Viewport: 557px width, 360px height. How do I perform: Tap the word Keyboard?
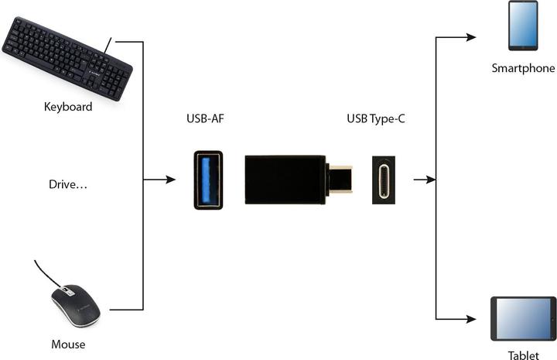(68, 107)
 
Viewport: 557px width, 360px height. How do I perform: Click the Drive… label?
(67, 185)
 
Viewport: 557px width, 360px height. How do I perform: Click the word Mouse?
(68, 344)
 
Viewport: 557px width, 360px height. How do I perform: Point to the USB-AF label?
(206, 120)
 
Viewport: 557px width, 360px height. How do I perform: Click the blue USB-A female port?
(207, 180)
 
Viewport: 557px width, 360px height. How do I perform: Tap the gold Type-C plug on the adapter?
(340, 179)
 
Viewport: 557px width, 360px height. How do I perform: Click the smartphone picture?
(523, 25)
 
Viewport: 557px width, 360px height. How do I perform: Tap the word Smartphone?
(523, 68)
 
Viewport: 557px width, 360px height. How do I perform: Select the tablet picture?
(523, 318)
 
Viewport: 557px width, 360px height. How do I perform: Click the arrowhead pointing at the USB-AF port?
(172, 180)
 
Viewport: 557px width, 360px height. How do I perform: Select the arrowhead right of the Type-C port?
(426, 180)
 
